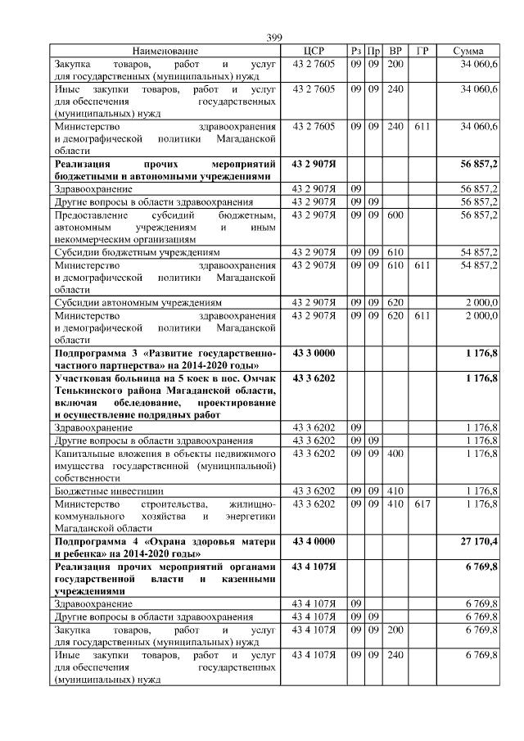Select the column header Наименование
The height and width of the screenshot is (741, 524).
(x=165, y=51)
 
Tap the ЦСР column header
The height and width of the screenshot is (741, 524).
(x=314, y=51)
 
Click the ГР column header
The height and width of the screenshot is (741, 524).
(x=422, y=51)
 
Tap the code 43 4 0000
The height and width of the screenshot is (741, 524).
(x=314, y=541)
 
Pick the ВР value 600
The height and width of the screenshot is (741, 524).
(x=395, y=215)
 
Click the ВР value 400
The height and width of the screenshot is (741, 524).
(x=395, y=453)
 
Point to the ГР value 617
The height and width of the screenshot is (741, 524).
(x=422, y=504)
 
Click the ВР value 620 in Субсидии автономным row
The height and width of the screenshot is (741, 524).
(x=395, y=302)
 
